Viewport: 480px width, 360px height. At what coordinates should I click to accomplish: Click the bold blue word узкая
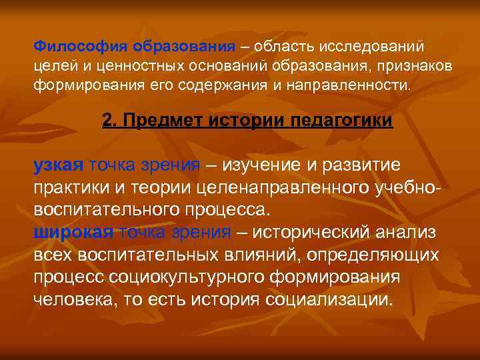point(58,166)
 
